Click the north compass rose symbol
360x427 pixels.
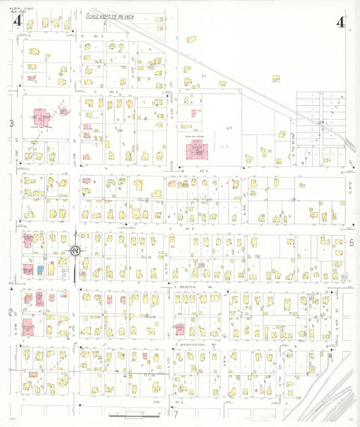click(x=75, y=251)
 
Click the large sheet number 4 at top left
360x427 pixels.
click(x=18, y=22)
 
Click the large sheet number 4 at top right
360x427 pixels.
click(x=341, y=22)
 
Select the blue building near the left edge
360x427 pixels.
click(x=40, y=269)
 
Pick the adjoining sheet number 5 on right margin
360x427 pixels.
click(x=351, y=242)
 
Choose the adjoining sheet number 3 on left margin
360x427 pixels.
click(x=11, y=123)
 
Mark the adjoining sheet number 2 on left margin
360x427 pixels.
click(x=11, y=312)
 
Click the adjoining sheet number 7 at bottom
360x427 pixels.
click(x=175, y=413)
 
